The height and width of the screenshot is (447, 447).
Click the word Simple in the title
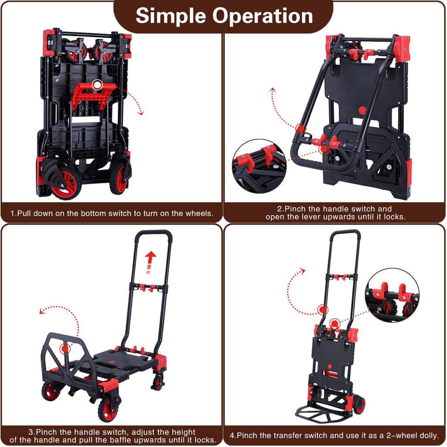point(171,17)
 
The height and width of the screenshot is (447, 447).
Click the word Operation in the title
point(262,17)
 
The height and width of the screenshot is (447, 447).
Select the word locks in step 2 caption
point(394,217)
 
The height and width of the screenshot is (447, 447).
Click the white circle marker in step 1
point(97,85)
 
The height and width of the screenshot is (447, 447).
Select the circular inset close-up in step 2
point(259,166)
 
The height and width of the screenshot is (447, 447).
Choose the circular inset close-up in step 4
point(392,295)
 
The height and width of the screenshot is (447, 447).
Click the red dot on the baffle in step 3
point(65,348)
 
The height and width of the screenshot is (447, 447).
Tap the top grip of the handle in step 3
point(154,234)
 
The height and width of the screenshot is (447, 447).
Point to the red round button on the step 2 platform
point(362,110)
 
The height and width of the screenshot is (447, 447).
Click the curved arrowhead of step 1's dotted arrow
point(141,113)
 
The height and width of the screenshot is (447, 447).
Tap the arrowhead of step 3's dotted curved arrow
point(41,311)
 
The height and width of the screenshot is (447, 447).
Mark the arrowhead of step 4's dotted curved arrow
point(303,271)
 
